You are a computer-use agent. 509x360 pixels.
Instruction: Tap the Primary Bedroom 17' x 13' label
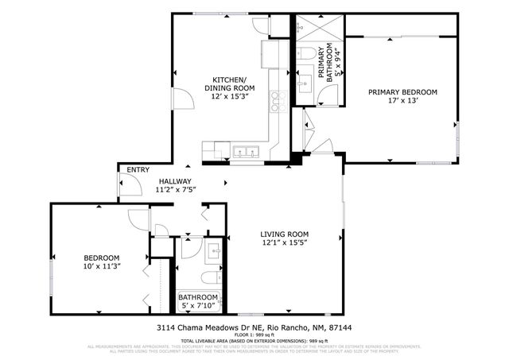(402, 96)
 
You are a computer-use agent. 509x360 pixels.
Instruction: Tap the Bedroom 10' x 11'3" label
(102, 262)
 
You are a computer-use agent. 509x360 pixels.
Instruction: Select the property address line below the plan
(254, 327)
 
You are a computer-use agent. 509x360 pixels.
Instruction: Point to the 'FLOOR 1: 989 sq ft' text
(254, 335)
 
